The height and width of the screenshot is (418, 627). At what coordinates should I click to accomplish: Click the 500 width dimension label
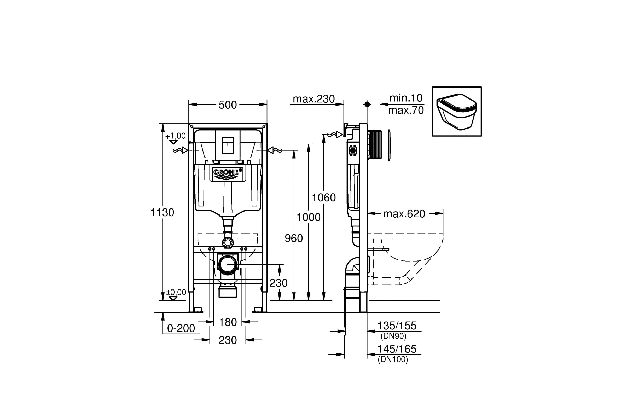228,105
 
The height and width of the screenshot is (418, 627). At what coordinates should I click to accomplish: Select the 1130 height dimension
162,212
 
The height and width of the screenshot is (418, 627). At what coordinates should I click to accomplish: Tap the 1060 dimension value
324,198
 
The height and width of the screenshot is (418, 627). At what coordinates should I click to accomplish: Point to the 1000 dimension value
309,217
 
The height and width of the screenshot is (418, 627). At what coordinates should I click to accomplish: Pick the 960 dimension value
293,238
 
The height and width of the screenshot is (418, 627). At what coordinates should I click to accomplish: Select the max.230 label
313,99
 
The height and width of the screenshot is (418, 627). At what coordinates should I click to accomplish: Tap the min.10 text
406,98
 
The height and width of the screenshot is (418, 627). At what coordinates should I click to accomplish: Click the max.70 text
406,110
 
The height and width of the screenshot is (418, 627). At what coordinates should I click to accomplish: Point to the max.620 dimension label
404,214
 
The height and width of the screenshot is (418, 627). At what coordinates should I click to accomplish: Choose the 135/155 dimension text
397,326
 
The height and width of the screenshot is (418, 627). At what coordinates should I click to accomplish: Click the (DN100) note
393,359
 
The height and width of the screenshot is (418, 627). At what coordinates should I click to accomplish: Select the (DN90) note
393,336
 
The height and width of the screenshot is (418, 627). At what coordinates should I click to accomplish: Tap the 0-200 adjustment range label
181,328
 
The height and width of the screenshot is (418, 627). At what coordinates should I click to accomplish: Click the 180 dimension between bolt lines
228,322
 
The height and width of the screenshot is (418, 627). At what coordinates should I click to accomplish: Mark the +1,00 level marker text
175,136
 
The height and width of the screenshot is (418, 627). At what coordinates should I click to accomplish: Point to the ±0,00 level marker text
176,292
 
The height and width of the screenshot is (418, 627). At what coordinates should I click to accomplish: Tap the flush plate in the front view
228,145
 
